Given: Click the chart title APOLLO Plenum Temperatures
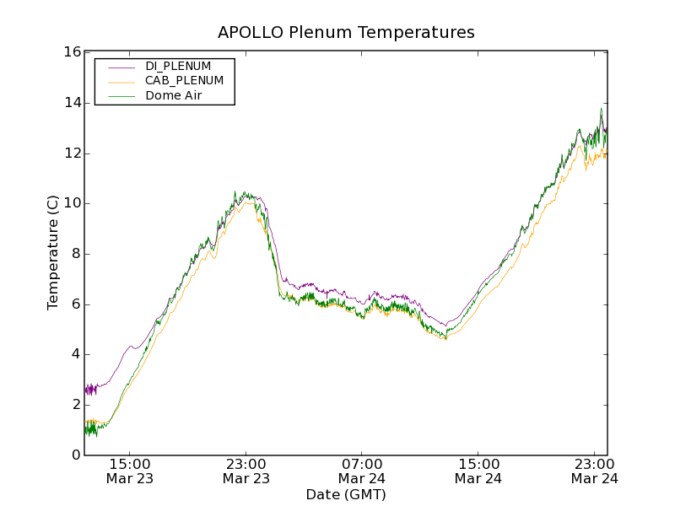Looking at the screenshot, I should [346, 32].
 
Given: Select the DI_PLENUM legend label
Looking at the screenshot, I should [178, 66].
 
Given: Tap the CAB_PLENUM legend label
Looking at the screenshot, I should [184, 81].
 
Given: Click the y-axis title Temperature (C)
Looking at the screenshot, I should [53, 253].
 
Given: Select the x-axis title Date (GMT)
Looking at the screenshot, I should [346, 494].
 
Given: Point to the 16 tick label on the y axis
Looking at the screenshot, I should [72, 52].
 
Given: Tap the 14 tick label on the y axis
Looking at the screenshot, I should [72, 103].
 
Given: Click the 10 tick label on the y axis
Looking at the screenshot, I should [72, 203].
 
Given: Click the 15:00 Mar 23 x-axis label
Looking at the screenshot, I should [130, 471].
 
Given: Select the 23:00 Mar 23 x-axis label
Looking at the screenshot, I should [246, 471].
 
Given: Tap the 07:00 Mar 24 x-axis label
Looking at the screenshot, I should [362, 471].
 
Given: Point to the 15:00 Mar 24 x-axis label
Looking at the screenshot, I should [478, 471].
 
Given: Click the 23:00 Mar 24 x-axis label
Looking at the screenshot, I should [594, 471].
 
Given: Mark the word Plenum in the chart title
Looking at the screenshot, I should [323, 32].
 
